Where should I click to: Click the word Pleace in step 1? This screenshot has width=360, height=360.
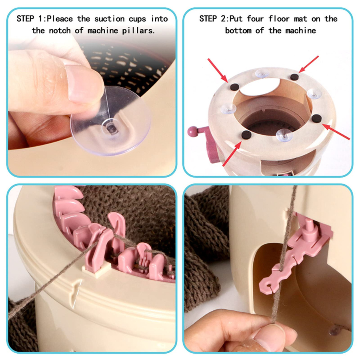[60, 19]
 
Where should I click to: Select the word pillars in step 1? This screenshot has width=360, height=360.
[138, 30]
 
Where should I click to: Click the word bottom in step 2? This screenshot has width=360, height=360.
[238, 30]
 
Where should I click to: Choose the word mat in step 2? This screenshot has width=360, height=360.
[300, 19]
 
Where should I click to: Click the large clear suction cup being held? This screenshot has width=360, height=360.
[111, 121]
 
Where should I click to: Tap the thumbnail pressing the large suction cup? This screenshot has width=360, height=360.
[84, 84]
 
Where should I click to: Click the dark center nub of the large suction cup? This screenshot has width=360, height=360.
[111, 128]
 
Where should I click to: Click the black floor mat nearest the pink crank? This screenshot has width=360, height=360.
[246, 135]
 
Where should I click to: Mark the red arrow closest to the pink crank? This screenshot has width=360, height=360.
[232, 154]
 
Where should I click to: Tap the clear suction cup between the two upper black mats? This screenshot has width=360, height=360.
[262, 74]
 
